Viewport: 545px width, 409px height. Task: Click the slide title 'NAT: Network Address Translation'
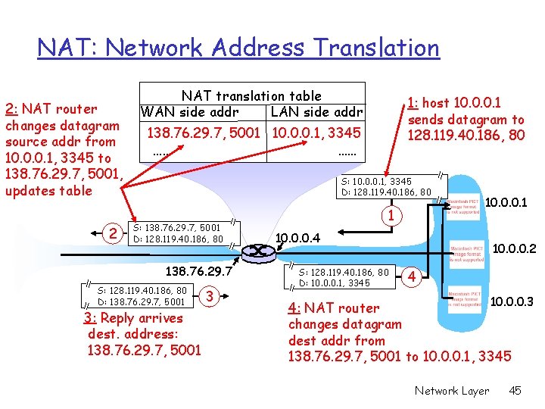coord(238,48)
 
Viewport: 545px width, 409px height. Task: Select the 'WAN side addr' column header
coord(188,113)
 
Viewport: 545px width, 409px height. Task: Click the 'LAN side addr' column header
coord(316,113)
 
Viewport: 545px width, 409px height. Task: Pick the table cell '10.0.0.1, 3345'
coord(316,133)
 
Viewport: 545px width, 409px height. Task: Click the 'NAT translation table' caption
coord(251,96)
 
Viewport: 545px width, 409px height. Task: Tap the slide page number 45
coord(515,391)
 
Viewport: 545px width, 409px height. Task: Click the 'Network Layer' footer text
coord(451,391)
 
